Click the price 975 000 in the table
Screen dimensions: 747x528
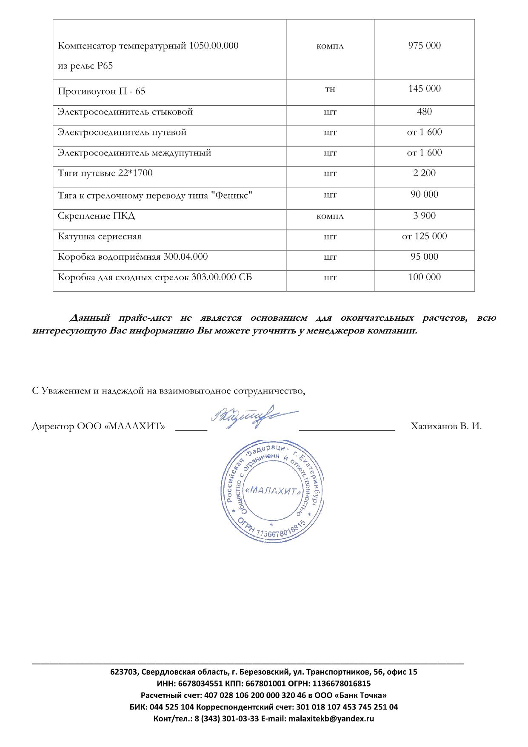tap(424, 46)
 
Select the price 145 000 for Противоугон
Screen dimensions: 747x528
tap(424, 89)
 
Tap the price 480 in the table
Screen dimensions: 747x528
tap(424, 112)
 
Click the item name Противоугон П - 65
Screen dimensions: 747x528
tap(101, 92)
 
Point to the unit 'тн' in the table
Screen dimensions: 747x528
tap(330, 89)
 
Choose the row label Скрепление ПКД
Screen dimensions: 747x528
tap(96, 216)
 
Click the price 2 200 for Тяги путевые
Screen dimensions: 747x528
tap(424, 173)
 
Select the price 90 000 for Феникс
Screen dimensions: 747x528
tap(424, 194)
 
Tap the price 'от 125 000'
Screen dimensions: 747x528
tap(424, 236)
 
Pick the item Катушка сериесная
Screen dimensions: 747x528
tap(100, 236)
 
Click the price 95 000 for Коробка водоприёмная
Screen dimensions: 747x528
tap(424, 256)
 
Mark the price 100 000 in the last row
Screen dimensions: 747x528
tap(424, 277)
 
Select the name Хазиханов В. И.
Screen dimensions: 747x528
tap(446, 426)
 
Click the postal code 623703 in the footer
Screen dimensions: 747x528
tap(124, 672)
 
